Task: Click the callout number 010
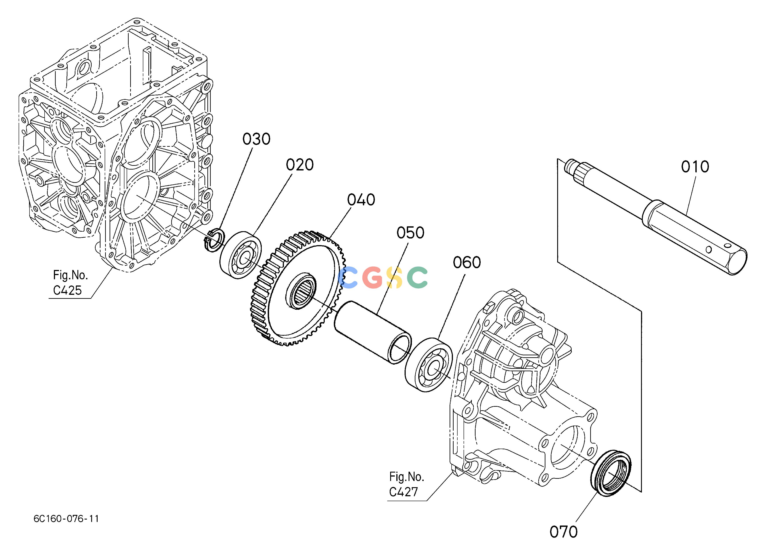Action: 695,167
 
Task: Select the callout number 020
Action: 300,165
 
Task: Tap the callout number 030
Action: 256,139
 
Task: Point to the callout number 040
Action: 361,200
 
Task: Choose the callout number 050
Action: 410,233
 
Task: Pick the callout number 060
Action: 467,262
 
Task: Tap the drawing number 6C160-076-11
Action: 66,519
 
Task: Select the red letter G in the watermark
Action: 372,277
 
